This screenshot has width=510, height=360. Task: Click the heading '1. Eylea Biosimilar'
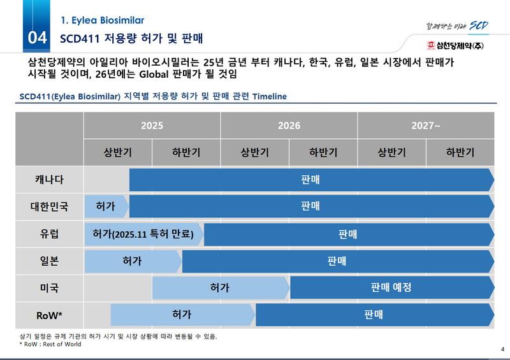pyautogui.click(x=102, y=20)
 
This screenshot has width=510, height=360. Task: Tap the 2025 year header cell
pyautogui.click(x=152, y=126)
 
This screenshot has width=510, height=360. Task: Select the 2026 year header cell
pyautogui.click(x=289, y=126)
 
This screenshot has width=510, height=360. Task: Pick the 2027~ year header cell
pyautogui.click(x=426, y=126)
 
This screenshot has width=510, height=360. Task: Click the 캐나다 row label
pyautogui.click(x=49, y=180)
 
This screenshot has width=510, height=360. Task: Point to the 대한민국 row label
pyautogui.click(x=49, y=206)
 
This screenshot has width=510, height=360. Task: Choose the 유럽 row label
pyautogui.click(x=49, y=234)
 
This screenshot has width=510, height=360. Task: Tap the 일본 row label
pyautogui.click(x=49, y=261)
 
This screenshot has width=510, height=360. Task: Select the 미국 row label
pyautogui.click(x=49, y=287)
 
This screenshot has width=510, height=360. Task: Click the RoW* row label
pyautogui.click(x=49, y=314)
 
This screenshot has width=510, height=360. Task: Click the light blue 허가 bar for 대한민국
pyautogui.click(x=105, y=206)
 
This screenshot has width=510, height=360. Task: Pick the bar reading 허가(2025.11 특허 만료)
pyautogui.click(x=143, y=234)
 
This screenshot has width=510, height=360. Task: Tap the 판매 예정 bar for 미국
pyautogui.click(x=391, y=287)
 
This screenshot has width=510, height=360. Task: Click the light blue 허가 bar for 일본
pyautogui.click(x=132, y=261)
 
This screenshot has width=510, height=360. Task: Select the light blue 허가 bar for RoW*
pyautogui.click(x=182, y=314)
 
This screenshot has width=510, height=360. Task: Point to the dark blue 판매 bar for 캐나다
pyautogui.click(x=310, y=180)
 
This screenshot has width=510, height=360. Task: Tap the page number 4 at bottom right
pyautogui.click(x=502, y=348)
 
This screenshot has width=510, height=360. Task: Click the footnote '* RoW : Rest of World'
pyautogui.click(x=50, y=345)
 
